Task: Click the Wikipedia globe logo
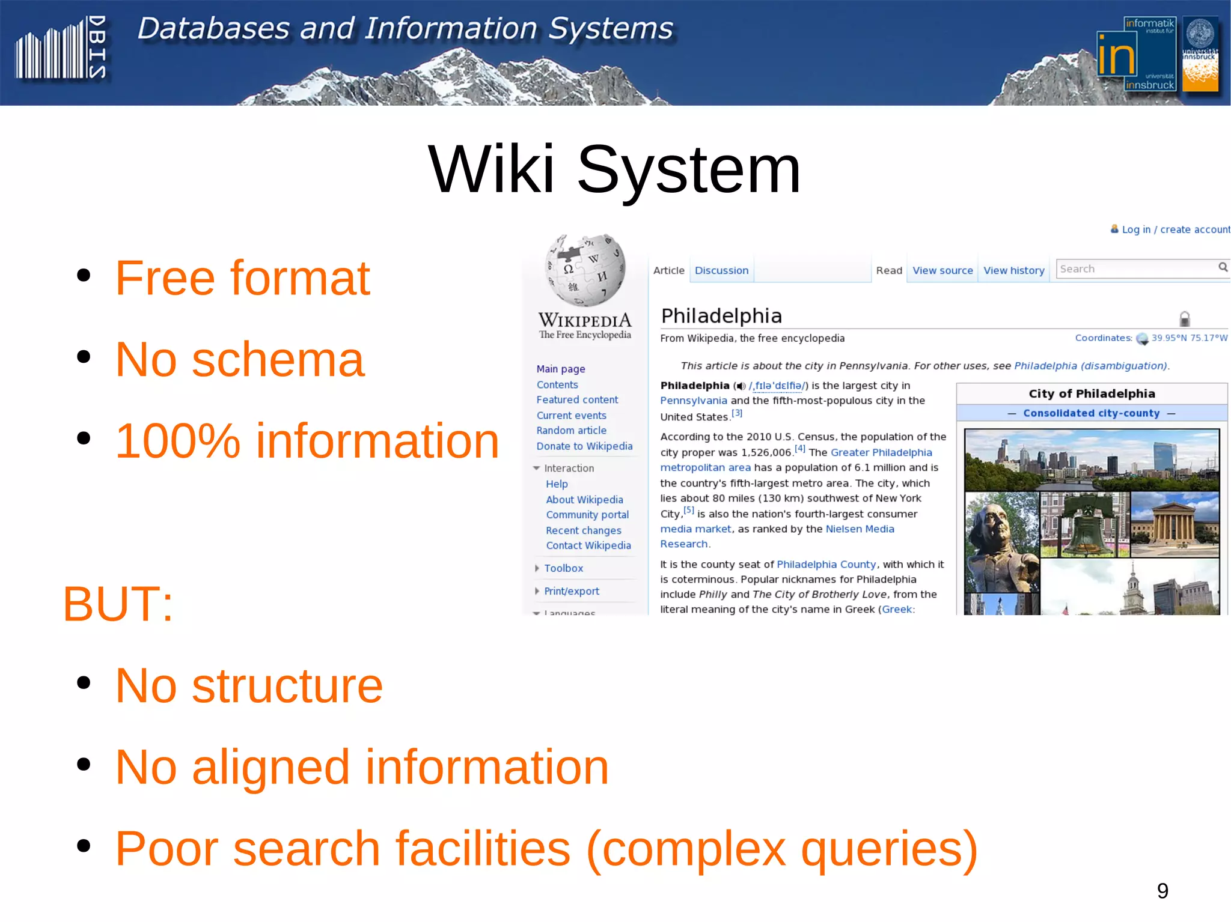(x=585, y=270)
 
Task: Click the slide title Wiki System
(x=614, y=170)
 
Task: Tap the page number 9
(x=1162, y=890)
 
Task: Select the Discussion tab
(x=721, y=270)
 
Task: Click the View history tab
(x=1013, y=270)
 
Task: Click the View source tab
(x=942, y=270)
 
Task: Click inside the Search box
(x=1136, y=268)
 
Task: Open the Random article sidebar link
(x=571, y=430)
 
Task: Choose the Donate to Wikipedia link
(x=584, y=446)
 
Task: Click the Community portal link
(x=587, y=515)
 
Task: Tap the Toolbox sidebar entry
(x=563, y=568)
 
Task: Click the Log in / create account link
(x=1175, y=229)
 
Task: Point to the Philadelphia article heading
(x=721, y=315)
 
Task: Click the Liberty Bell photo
(x=1084, y=524)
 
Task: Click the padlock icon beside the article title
(x=1184, y=318)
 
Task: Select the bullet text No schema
(x=239, y=359)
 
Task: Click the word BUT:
(x=118, y=604)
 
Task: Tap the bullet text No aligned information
(x=361, y=767)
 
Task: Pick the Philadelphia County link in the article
(x=826, y=564)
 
